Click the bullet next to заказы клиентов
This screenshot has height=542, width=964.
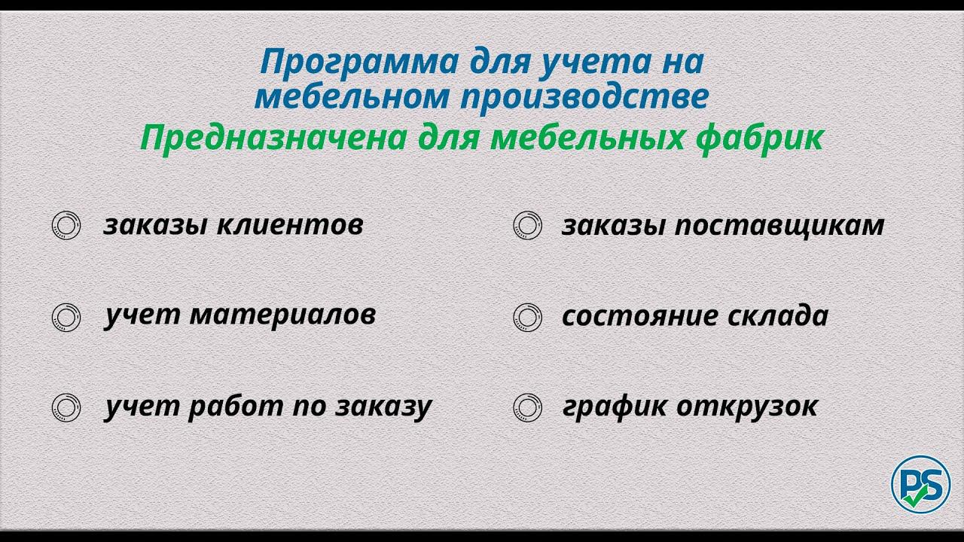[66, 226]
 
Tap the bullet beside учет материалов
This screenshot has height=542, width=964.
[66, 317]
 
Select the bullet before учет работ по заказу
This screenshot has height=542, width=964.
[66, 407]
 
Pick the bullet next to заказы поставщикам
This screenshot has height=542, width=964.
[527, 226]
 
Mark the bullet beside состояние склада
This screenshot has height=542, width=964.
[527, 317]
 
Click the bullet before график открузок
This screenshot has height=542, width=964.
[527, 407]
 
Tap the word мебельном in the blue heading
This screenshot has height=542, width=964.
[361, 98]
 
